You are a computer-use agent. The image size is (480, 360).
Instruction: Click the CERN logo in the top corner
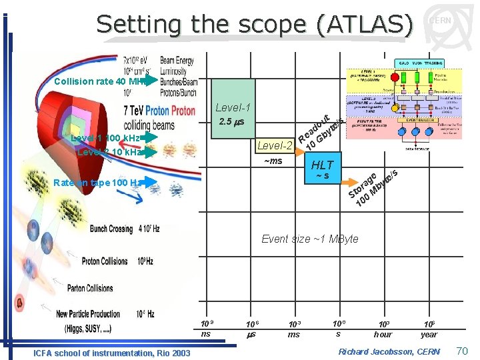click(439, 22)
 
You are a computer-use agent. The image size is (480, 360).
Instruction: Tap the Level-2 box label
click(275, 145)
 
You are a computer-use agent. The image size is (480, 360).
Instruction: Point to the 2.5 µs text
click(232, 123)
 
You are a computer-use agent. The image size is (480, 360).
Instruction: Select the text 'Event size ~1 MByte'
click(309, 239)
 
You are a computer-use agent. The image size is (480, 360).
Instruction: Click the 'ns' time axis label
click(205, 333)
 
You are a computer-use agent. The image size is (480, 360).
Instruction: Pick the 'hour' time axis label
click(383, 334)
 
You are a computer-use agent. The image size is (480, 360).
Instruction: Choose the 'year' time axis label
click(429, 334)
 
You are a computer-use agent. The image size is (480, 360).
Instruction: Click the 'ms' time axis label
click(293, 335)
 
